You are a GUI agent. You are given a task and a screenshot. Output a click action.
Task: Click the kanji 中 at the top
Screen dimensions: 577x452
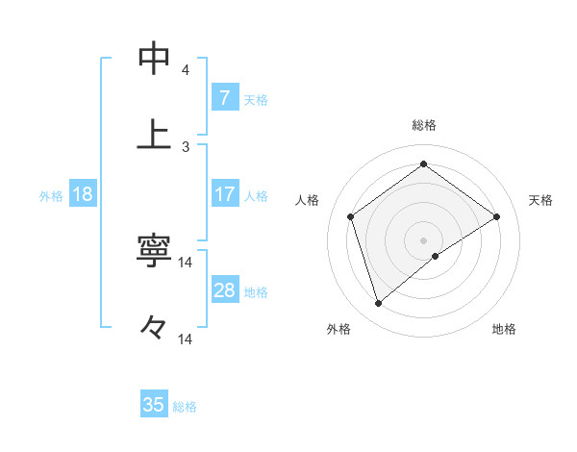(x=154, y=60)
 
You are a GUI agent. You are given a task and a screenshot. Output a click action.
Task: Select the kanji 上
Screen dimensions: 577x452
(x=154, y=135)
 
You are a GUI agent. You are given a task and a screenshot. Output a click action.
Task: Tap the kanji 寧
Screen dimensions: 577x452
(x=154, y=251)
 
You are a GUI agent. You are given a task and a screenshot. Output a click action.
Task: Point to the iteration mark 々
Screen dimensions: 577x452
(x=154, y=327)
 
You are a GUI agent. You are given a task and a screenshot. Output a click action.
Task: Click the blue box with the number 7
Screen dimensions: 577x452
(x=224, y=97)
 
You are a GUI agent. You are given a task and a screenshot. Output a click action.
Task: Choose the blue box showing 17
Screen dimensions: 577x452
(x=224, y=194)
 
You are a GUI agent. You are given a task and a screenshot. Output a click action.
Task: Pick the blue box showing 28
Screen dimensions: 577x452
(x=224, y=290)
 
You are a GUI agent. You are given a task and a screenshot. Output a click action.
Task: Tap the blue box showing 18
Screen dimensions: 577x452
(x=83, y=194)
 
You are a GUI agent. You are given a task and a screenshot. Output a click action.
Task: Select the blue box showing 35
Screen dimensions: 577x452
(x=154, y=405)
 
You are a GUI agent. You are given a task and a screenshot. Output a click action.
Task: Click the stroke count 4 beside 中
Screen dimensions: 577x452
(x=186, y=70)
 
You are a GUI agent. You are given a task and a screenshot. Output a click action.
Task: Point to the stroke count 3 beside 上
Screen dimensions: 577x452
(x=186, y=146)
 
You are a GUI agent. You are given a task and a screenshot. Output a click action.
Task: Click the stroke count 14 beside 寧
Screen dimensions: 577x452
(x=186, y=263)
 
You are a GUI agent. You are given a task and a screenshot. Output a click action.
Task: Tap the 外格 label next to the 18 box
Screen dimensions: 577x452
(x=51, y=196)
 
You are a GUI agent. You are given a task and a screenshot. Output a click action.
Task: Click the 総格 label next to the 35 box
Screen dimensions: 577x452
(x=185, y=407)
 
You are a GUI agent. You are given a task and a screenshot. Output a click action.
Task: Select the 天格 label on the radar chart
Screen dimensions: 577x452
(x=541, y=200)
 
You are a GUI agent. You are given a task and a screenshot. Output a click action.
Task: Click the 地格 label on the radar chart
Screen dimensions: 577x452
(x=504, y=329)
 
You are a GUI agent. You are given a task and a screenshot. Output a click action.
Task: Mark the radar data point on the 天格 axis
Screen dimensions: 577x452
(x=496, y=216)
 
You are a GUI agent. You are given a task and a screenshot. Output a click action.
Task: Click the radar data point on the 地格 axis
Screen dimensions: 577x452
(x=436, y=256)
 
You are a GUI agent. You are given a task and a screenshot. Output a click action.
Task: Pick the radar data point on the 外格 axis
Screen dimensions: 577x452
(x=378, y=304)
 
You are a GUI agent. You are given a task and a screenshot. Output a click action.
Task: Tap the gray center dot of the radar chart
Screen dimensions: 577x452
(x=424, y=239)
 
